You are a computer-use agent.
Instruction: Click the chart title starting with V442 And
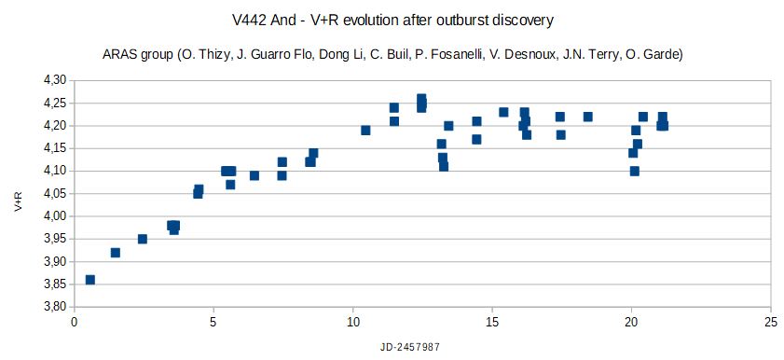392,19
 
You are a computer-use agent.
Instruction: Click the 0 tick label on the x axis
75,323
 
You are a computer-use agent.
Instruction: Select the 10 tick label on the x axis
352,323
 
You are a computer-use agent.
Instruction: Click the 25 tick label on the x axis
770,323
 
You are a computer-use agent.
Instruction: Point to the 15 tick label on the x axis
492,323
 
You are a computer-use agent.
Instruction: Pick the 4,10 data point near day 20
634,171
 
